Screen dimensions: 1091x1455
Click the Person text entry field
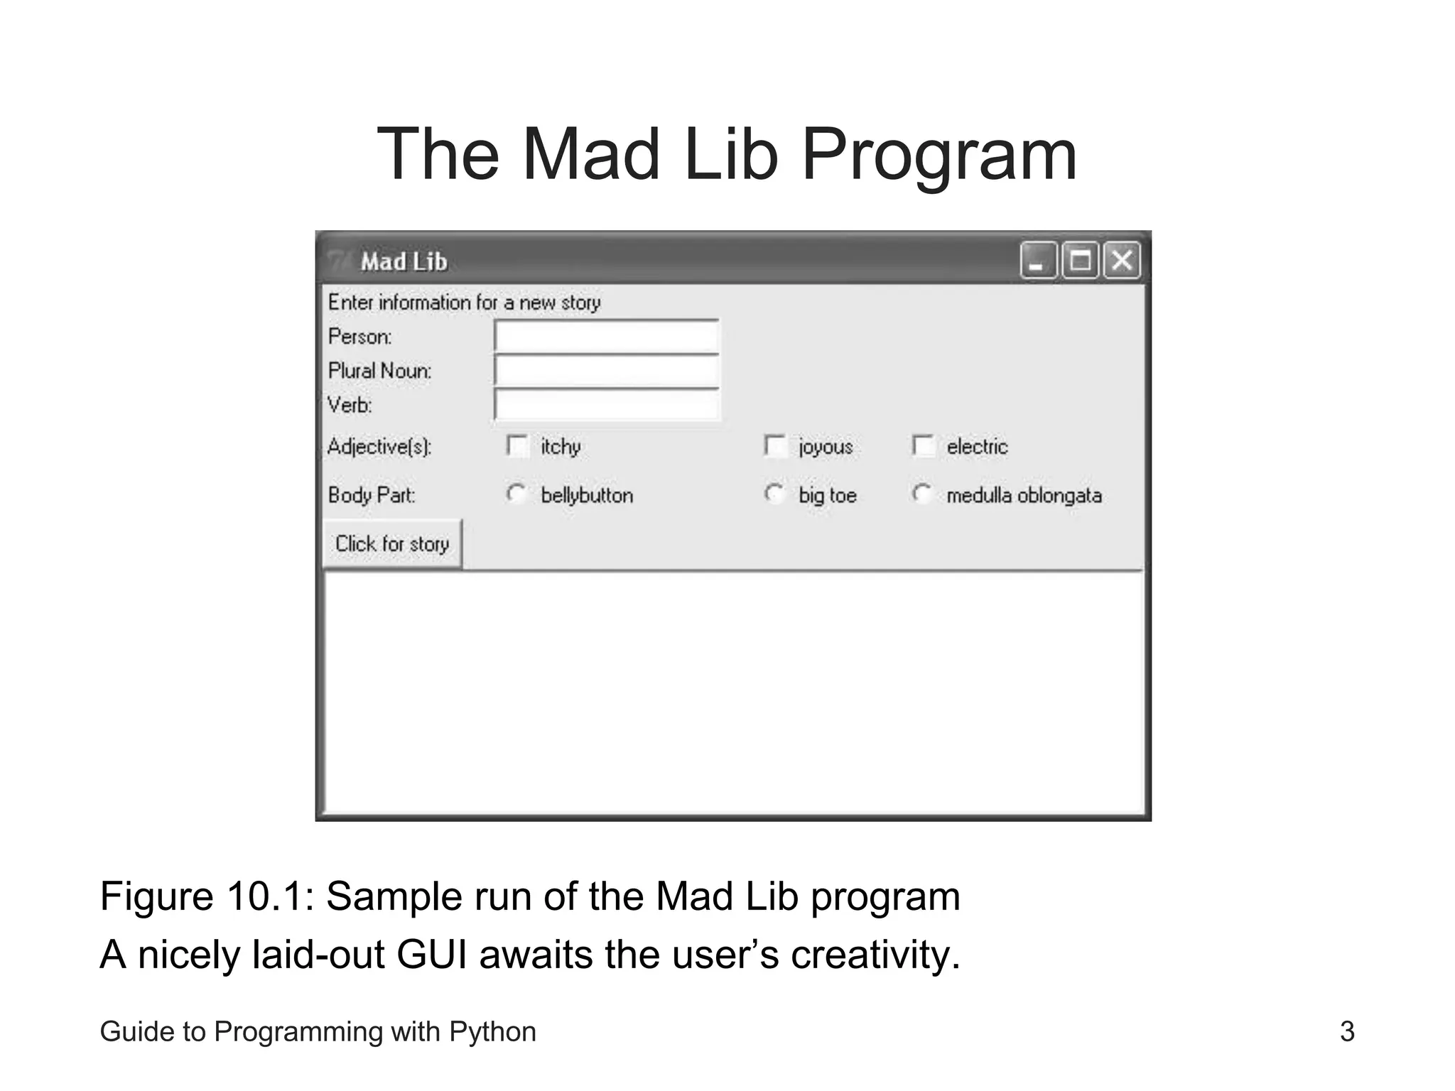(x=606, y=336)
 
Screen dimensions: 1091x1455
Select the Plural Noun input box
(x=606, y=370)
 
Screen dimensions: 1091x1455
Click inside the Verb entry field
(x=606, y=405)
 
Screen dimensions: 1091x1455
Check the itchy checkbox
(x=517, y=446)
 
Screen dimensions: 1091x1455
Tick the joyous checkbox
(x=774, y=446)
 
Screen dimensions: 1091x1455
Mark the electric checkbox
(x=923, y=446)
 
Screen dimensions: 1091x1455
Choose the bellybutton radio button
(x=516, y=494)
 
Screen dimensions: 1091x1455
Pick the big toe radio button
(x=774, y=494)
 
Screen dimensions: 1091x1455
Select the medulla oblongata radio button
(x=922, y=494)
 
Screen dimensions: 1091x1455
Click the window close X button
(x=1122, y=261)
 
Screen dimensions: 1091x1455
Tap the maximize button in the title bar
(x=1080, y=261)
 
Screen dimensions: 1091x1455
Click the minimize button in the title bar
(x=1038, y=261)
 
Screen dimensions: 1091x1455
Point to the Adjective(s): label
(x=379, y=447)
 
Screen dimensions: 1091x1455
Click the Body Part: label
(x=372, y=495)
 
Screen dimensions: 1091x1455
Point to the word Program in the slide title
(x=939, y=155)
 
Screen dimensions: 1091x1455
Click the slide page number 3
(x=1347, y=1031)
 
